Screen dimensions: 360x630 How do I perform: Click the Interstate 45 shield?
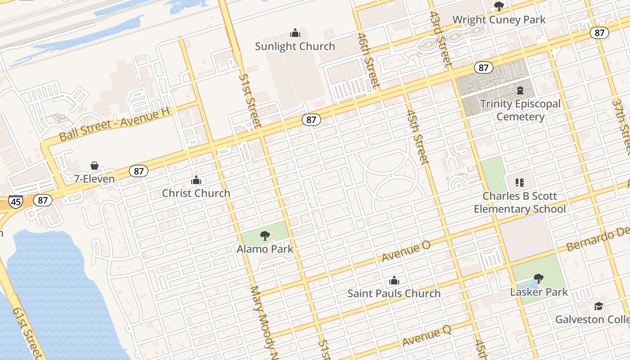pos(15,201)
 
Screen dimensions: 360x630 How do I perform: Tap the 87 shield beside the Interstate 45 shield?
pos(42,200)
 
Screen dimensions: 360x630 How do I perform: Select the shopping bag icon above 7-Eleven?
pos(94,166)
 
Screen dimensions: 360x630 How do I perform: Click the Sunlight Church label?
pos(295,46)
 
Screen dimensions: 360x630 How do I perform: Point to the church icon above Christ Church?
pos(196,180)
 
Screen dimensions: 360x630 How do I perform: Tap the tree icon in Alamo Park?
pos(265,235)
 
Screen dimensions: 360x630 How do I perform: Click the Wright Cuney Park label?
pos(499,19)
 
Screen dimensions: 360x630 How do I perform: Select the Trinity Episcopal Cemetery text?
pos(520,110)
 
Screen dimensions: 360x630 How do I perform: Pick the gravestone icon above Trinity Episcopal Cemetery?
pos(520,90)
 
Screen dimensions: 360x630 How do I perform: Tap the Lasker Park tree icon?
pos(538,279)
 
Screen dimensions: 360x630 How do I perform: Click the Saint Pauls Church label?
pos(394,293)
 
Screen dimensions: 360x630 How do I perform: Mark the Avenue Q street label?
pos(426,336)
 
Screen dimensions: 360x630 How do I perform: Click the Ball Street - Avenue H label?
pos(116,125)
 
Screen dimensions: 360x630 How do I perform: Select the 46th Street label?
pos(369,61)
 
